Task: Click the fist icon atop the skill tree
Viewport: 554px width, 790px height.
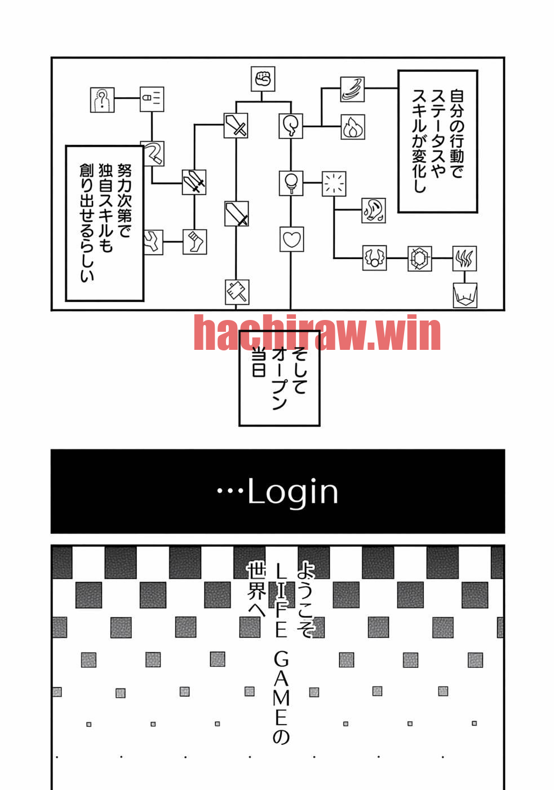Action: [263, 79]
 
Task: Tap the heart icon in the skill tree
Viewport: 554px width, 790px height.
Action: [291, 239]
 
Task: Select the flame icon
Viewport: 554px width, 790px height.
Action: [353, 127]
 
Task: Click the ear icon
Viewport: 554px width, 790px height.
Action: [374, 210]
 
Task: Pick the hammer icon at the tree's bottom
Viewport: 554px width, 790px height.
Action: [237, 292]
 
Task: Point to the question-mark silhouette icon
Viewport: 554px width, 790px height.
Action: [102, 100]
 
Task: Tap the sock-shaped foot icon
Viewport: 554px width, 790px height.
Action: [194, 242]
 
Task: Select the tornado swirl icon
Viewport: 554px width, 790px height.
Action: [352, 89]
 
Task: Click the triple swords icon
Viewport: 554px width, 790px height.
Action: [194, 182]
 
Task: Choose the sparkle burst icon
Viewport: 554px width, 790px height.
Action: [334, 184]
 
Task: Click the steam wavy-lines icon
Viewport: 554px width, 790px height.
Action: [464, 258]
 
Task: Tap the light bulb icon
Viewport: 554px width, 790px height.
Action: [291, 183]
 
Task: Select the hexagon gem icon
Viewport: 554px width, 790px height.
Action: [419, 258]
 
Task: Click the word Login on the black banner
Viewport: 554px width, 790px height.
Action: [292, 492]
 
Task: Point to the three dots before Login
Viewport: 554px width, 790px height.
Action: [230, 490]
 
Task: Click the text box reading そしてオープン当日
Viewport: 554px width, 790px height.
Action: [280, 378]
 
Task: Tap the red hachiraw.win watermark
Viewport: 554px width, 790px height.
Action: [317, 332]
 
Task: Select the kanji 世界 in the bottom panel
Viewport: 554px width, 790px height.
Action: [256, 581]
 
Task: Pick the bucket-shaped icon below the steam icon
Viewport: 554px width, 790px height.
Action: [465, 295]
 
